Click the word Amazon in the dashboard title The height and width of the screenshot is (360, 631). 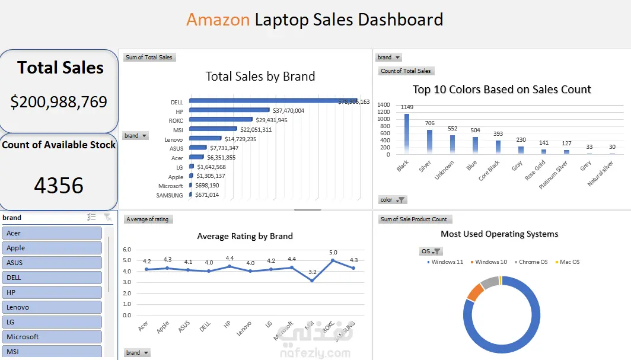[218, 20]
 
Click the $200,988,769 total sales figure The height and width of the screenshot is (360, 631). [59, 102]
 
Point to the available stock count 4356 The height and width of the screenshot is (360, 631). [59, 186]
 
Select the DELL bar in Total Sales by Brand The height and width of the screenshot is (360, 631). [273, 101]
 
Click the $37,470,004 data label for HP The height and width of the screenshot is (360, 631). [280, 110]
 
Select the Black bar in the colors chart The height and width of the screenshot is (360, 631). [407, 133]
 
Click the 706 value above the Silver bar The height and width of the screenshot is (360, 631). [429, 123]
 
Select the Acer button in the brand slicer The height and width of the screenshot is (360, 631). [52, 233]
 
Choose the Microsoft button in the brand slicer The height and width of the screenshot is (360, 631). [52, 337]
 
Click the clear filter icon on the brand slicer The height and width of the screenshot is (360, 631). [107, 218]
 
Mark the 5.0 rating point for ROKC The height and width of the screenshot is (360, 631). [333, 260]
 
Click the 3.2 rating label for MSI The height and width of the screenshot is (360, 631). [312, 272]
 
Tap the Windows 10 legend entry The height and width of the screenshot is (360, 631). [490, 262]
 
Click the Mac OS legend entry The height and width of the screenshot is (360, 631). [569, 262]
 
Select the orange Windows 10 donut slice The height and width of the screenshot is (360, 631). [474, 292]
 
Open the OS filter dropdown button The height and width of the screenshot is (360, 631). [436, 251]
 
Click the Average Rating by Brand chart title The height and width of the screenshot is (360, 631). [245, 236]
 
